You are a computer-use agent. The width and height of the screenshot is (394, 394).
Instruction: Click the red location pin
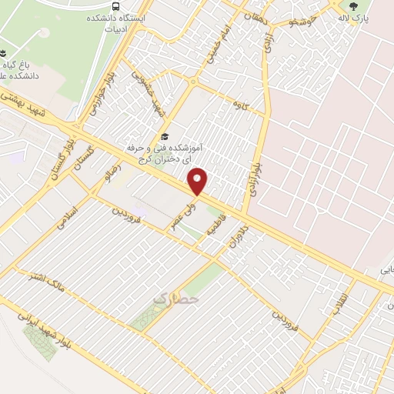[x=199, y=182]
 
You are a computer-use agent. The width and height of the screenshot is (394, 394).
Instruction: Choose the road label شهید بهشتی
[x=35, y=106]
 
